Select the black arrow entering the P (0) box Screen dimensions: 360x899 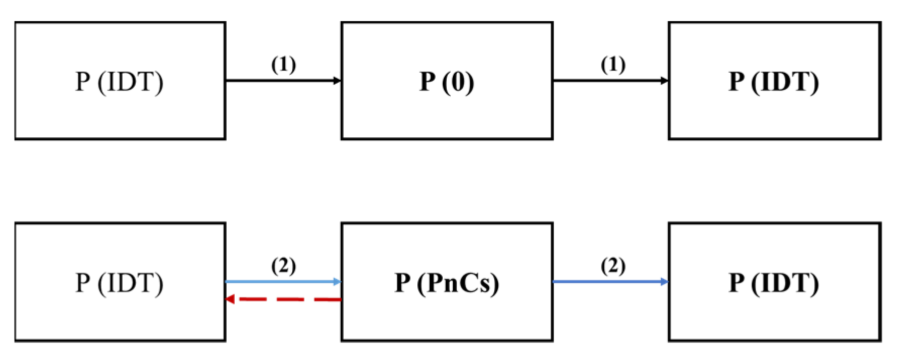pos(283,80)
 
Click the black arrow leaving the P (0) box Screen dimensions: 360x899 pos(610,80)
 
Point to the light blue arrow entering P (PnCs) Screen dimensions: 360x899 pos(283,282)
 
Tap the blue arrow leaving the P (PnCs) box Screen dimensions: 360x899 pos(610,281)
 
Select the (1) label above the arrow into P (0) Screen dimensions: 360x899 pos(284,65)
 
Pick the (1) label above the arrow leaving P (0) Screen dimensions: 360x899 pos(613,65)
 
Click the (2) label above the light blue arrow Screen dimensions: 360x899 pos(284,266)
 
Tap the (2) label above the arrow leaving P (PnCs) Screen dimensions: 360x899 pos(613,266)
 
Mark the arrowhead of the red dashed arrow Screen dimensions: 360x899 pos(230,299)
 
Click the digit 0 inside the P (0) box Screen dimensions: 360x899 pos(458,82)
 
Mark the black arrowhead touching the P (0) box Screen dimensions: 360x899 pos(338,80)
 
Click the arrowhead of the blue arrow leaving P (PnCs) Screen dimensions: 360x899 pos(664,281)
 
